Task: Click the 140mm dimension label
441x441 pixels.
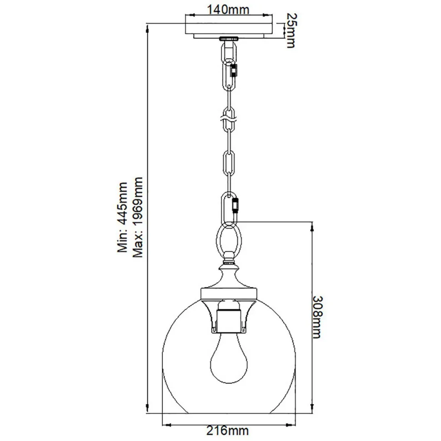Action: pyautogui.click(x=230, y=10)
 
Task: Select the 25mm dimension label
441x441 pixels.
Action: pyautogui.click(x=290, y=30)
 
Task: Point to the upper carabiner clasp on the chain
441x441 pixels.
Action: pyautogui.click(x=235, y=71)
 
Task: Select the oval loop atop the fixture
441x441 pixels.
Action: pyautogui.click(x=229, y=239)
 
